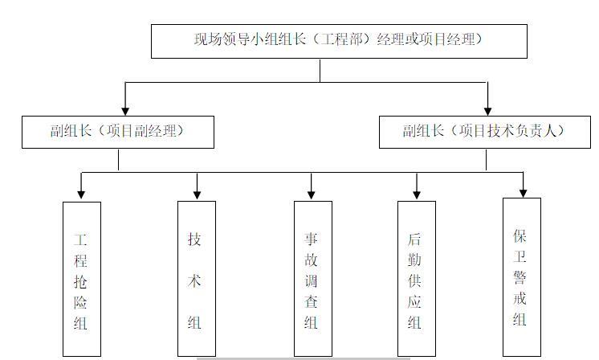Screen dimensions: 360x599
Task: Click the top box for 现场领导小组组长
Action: tap(339, 40)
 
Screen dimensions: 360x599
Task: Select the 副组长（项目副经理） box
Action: tap(118, 132)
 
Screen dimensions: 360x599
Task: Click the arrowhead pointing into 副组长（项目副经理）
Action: tap(125, 110)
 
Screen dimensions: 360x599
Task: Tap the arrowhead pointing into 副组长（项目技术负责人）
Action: tap(487, 110)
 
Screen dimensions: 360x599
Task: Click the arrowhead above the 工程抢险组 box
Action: tap(81, 194)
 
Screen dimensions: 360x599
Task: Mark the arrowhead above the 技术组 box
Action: tap(197, 194)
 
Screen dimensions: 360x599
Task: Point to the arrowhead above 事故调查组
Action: tap(312, 194)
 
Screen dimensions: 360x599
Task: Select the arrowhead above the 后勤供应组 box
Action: tap(416, 194)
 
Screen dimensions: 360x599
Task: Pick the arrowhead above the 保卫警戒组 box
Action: tap(523, 191)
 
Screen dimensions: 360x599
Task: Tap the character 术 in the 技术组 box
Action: tap(195, 281)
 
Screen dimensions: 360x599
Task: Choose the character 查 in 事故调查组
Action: tap(312, 302)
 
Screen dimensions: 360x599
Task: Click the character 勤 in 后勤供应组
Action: tap(415, 260)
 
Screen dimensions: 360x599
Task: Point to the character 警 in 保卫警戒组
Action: tap(521, 277)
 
